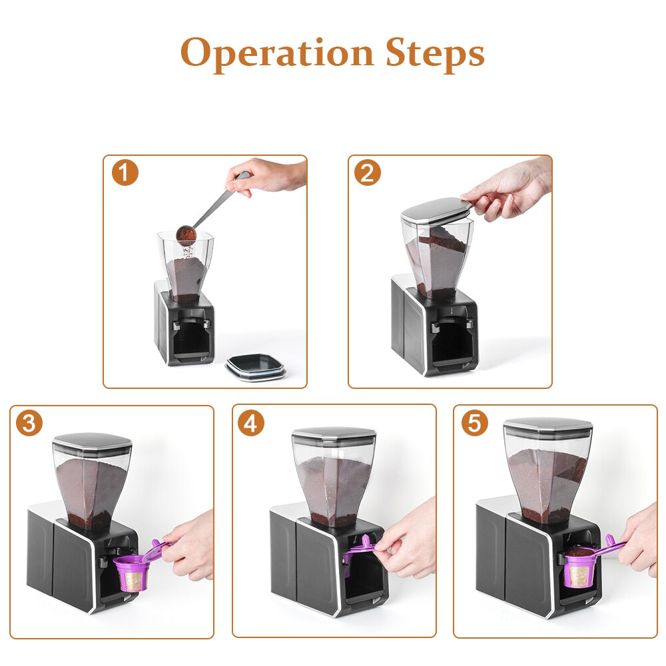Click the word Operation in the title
278,53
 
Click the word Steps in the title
435,53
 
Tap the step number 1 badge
125,173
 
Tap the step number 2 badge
368,173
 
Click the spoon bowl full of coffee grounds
186,235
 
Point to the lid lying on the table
256,366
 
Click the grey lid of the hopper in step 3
92,442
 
